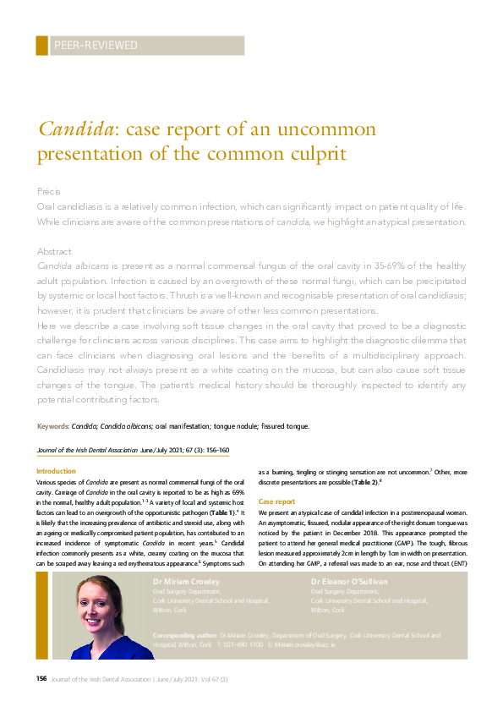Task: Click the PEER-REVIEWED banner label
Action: [x=95, y=46]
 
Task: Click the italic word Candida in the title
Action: [x=75, y=130]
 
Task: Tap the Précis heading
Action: [x=48, y=192]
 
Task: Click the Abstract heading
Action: [x=53, y=252]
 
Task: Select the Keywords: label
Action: [x=53, y=426]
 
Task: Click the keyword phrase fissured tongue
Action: [x=287, y=426]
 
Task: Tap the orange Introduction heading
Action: [x=56, y=471]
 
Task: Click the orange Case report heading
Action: [x=276, y=501]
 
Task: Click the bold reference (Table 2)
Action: [x=363, y=482]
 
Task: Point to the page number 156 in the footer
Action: [x=41, y=679]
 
